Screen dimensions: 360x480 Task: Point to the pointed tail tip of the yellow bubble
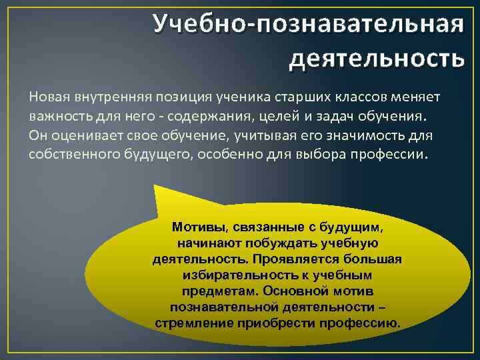pyautogui.click(x=155, y=187)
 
